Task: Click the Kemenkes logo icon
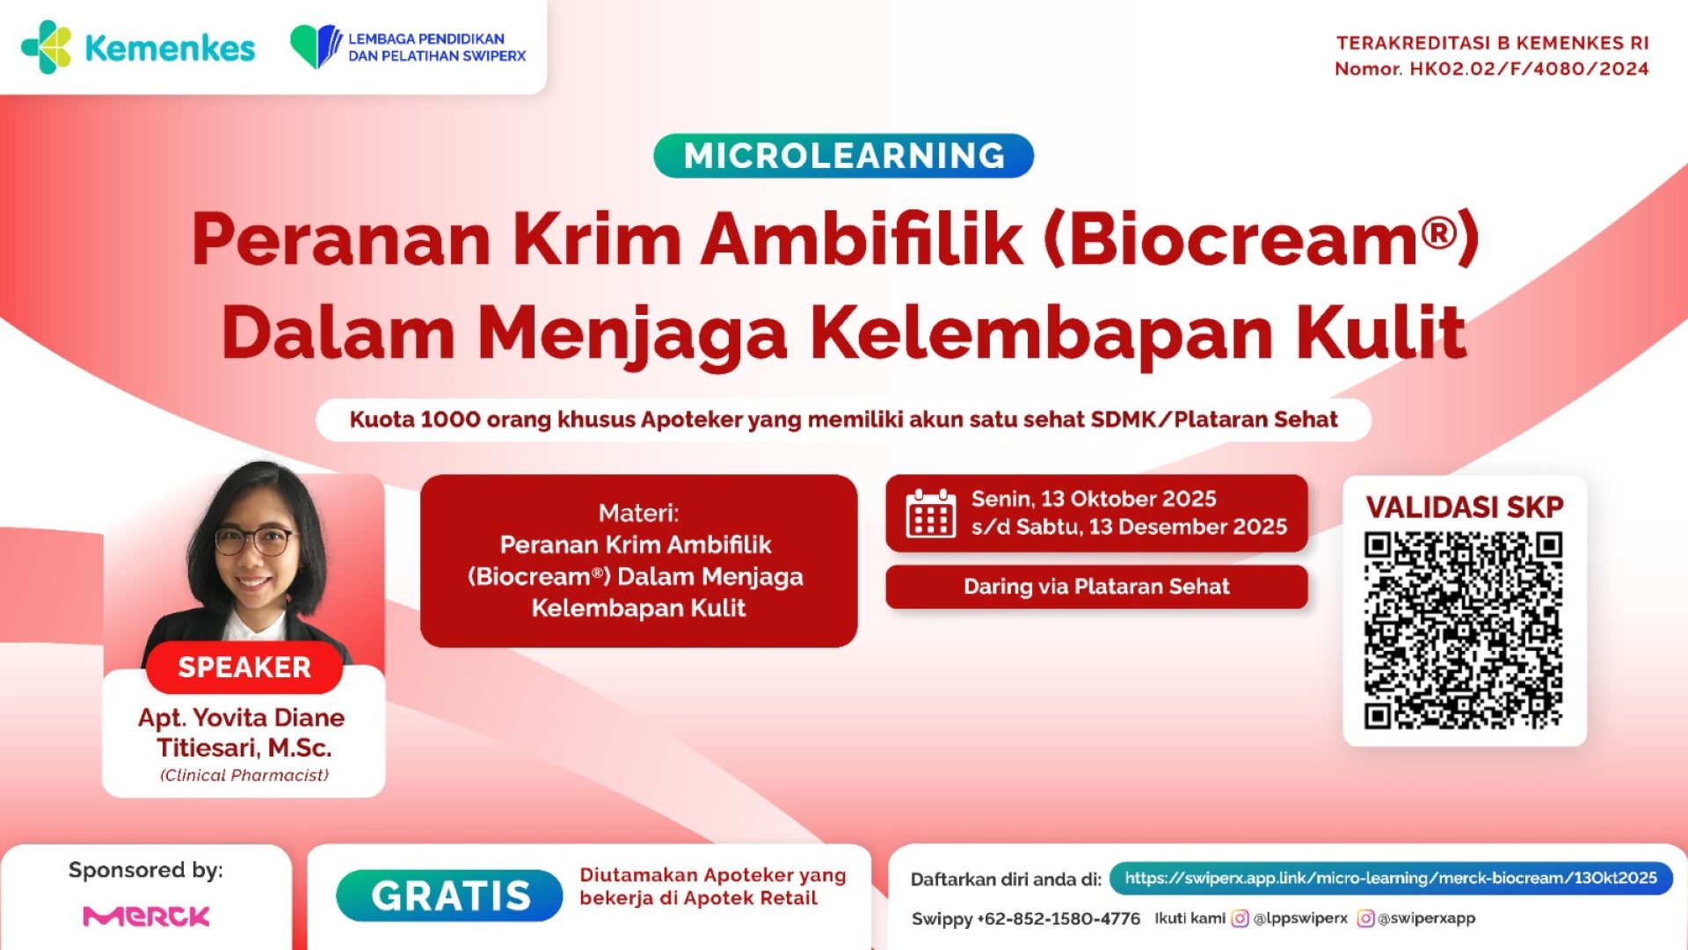(x=46, y=47)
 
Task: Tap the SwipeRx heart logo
(x=315, y=47)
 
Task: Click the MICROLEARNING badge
(x=843, y=156)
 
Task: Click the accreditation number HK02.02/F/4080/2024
(x=1529, y=69)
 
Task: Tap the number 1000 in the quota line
(x=449, y=420)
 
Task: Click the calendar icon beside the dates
(x=930, y=514)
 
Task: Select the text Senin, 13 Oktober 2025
(x=1093, y=499)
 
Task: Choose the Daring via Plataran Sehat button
(x=1096, y=587)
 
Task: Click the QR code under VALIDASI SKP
(x=1464, y=630)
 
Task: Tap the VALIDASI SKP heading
(x=1464, y=507)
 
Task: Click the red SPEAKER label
(x=244, y=667)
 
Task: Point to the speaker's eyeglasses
(x=253, y=540)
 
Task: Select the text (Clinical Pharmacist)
(x=244, y=775)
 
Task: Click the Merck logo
(x=146, y=917)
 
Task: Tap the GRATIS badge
(x=449, y=895)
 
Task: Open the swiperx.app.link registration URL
(x=1390, y=878)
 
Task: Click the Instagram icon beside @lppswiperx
(x=1240, y=918)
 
